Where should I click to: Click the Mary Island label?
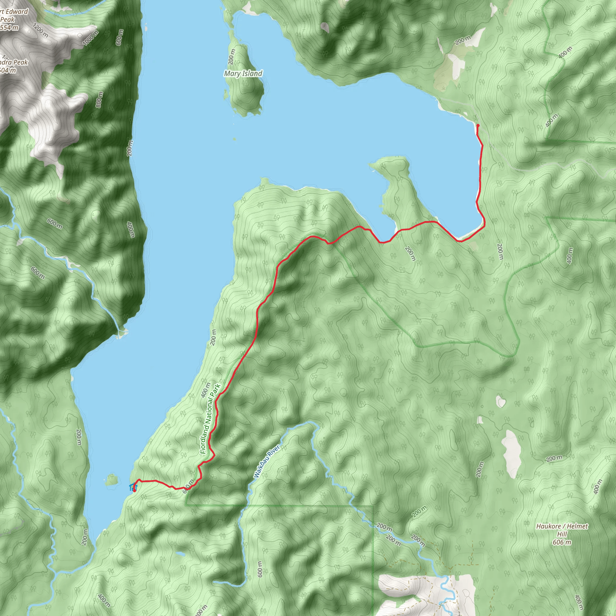tap(243, 74)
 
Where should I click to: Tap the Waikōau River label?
tap(267, 461)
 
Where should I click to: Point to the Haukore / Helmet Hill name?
tap(562, 526)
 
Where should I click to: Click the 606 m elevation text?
tap(562, 542)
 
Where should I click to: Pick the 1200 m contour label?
tap(41, 31)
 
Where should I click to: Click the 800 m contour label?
tap(99, 99)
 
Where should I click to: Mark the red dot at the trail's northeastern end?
tap(478, 126)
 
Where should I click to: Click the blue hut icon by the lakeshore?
tap(132, 487)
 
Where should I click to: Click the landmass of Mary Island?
tap(245, 92)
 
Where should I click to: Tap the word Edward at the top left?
tap(17, 12)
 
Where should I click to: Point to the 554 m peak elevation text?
tap(9, 28)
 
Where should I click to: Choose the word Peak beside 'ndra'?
tap(20, 63)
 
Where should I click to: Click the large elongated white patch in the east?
tap(511, 453)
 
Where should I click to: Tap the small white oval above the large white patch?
tap(500, 401)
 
